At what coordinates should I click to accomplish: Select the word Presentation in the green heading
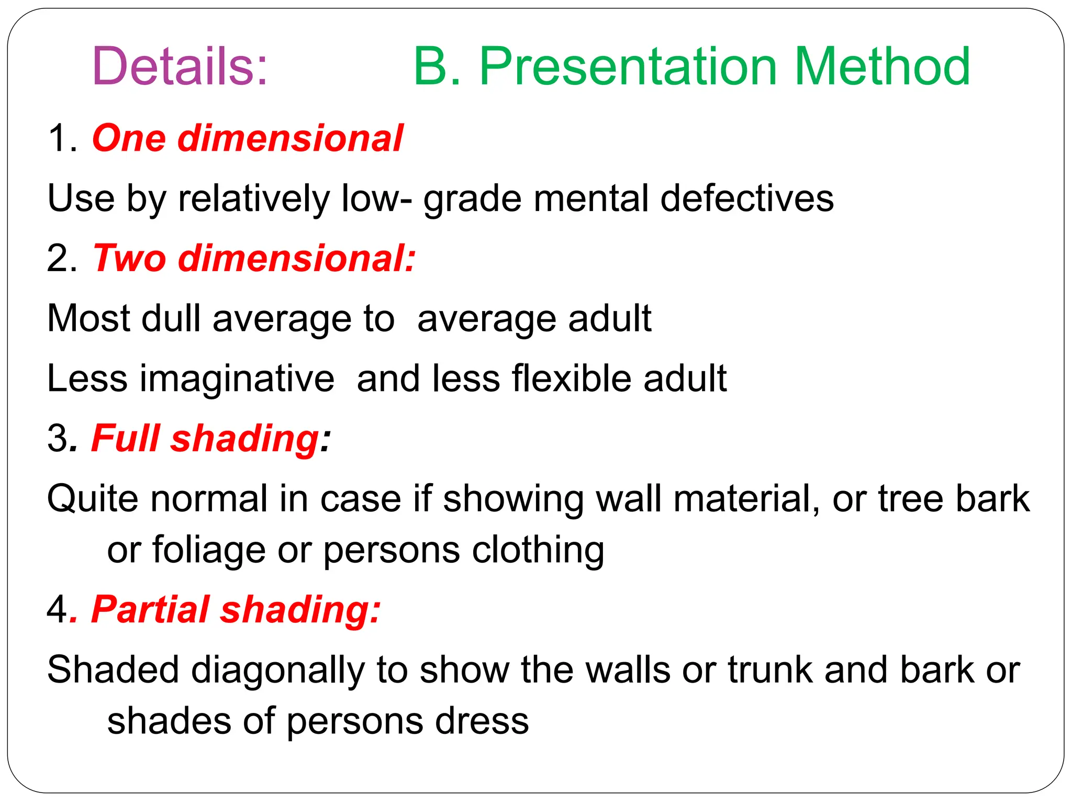628,67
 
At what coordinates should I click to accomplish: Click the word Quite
93,498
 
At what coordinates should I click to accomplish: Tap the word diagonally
278,670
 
